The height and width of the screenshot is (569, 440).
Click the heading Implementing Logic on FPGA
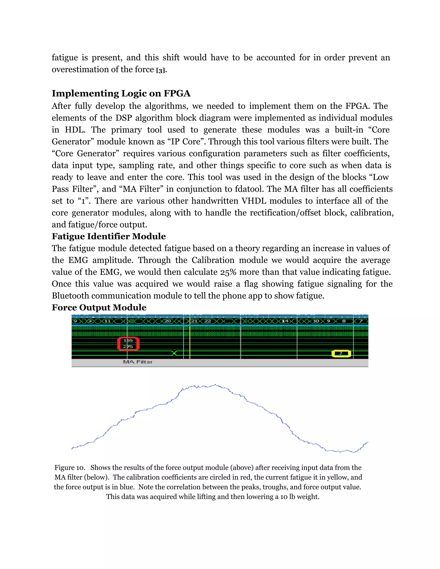tap(121, 93)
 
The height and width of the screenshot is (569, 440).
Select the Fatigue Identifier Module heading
tap(109, 236)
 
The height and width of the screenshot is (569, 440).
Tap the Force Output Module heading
tap(99, 307)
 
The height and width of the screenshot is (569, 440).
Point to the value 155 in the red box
tap(128, 340)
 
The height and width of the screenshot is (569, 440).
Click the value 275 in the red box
tap(128, 347)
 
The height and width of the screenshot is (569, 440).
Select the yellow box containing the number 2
tap(341, 354)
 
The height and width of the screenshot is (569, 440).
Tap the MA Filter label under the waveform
tap(138, 362)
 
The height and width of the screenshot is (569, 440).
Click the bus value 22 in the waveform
tap(208, 321)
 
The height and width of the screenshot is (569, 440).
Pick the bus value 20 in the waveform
tap(167, 321)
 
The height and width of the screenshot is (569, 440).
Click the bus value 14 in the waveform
tap(285, 321)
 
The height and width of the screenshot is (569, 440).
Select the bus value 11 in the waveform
tap(108, 321)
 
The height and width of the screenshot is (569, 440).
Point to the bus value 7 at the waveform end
tap(361, 321)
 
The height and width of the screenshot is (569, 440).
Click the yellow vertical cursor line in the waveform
tap(190, 344)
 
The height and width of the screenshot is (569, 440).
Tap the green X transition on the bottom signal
tap(175, 353)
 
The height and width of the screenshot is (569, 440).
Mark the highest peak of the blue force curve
tap(215, 384)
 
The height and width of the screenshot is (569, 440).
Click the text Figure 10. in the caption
tap(70, 468)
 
